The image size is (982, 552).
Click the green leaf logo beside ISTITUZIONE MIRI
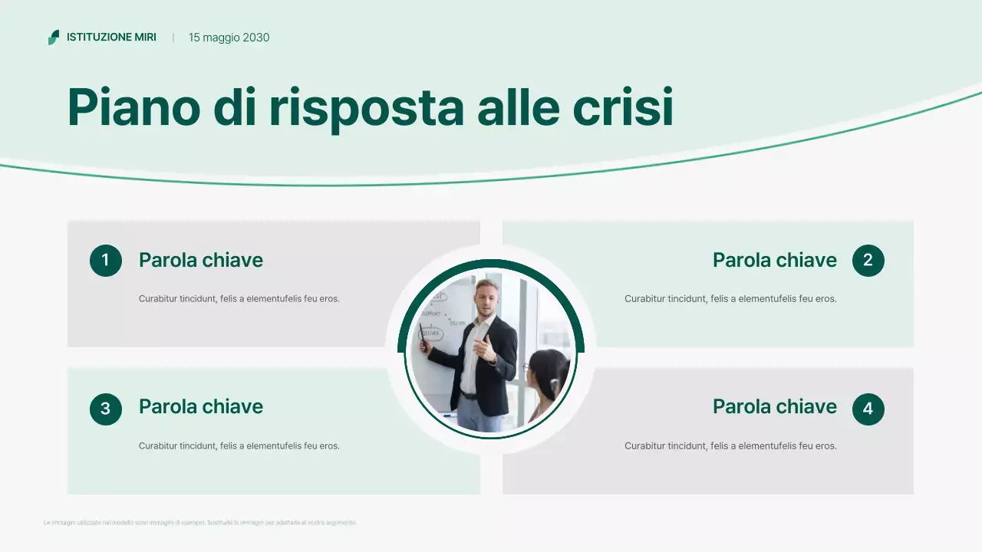click(x=53, y=37)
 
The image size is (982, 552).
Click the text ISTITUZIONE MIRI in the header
click(x=111, y=37)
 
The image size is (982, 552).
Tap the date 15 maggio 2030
click(x=229, y=37)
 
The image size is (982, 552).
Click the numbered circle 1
click(x=106, y=261)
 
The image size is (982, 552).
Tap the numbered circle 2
click(x=868, y=261)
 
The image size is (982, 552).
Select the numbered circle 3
click(x=106, y=409)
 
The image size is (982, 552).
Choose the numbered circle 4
click(x=868, y=409)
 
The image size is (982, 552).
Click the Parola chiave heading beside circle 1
click(x=200, y=260)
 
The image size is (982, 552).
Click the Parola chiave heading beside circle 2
click(x=774, y=260)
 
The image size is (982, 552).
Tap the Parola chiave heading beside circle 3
click(x=200, y=406)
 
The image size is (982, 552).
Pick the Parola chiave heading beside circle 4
click(x=774, y=406)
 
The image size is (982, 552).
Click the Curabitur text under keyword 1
click(x=239, y=298)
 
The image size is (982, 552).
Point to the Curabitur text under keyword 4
click(x=730, y=445)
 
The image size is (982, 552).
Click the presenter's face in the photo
click(x=486, y=295)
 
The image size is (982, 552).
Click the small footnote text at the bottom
click(x=200, y=523)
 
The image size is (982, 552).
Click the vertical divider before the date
click(x=173, y=37)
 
